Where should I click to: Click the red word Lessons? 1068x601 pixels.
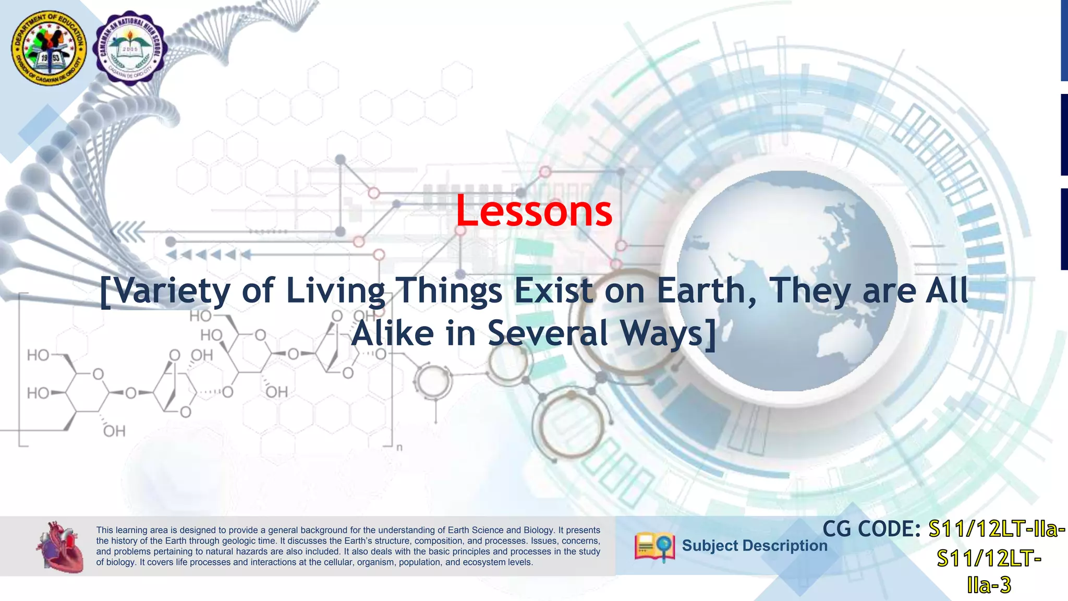pyautogui.click(x=534, y=211)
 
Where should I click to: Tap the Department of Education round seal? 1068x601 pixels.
pyautogui.click(x=50, y=49)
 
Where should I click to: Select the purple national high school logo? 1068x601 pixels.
pyautogui.click(x=130, y=49)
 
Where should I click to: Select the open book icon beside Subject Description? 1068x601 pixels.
pyautogui.click(x=654, y=547)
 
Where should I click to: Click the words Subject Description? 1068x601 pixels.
pyautogui.click(x=754, y=546)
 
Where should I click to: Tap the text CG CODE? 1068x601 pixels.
pyautogui.click(x=871, y=529)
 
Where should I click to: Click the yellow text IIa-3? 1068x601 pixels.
pyautogui.click(x=989, y=585)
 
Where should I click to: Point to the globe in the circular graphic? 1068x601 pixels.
pyautogui.click(x=787, y=282)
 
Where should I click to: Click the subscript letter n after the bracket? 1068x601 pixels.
pyautogui.click(x=399, y=448)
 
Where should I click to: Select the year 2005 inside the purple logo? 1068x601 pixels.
pyautogui.click(x=130, y=49)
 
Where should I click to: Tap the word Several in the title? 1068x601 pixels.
pyautogui.click(x=548, y=333)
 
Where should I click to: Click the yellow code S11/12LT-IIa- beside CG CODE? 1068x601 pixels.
pyautogui.click(x=997, y=529)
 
